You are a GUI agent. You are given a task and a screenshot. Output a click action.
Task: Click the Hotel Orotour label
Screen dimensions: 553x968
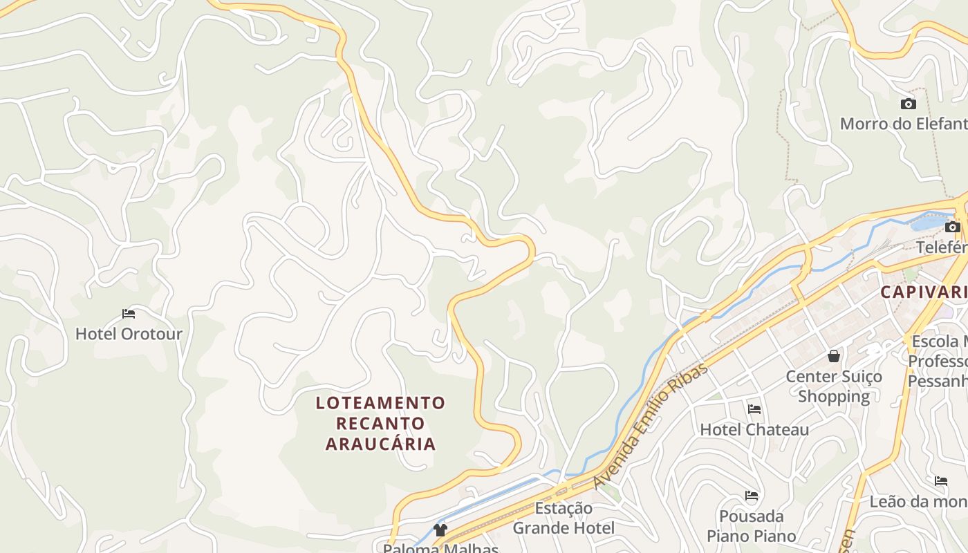pos(129,334)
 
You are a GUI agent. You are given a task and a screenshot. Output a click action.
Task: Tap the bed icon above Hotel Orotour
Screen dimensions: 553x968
pos(129,314)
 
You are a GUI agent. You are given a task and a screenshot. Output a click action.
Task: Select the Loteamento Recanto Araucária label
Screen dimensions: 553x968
pos(381,422)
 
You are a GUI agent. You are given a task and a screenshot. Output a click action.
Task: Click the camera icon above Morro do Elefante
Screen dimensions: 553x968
pos(909,104)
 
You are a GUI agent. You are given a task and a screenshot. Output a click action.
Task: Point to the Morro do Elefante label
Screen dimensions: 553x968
pos(903,124)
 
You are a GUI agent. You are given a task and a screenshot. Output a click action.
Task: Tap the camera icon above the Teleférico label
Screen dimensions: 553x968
pos(953,227)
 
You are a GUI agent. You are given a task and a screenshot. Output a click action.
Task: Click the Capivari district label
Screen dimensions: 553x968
pos(923,292)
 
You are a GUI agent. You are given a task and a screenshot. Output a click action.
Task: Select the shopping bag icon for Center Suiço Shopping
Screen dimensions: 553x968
pos(834,356)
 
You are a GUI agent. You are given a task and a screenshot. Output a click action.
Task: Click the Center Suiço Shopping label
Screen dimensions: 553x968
pos(834,386)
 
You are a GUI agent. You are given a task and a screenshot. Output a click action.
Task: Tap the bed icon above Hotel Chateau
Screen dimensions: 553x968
pos(754,409)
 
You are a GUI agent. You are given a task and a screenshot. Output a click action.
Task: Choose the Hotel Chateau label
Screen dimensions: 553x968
pos(754,430)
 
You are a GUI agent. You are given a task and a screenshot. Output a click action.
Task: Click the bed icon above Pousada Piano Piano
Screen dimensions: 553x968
pos(752,496)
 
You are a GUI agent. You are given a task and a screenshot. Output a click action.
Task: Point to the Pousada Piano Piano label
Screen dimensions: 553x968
pos(752,526)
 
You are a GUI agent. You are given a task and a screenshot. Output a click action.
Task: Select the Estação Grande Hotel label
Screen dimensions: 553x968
pos(564,518)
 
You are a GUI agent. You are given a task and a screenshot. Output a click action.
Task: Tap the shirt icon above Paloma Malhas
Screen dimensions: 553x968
pos(440,530)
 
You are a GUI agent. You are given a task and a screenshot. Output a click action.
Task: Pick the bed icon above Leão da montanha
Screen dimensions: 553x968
pos(941,481)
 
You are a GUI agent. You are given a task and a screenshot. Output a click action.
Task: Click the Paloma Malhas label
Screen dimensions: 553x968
pos(440,549)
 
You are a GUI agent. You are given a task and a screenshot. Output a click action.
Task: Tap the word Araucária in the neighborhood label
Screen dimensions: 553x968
pos(381,444)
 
